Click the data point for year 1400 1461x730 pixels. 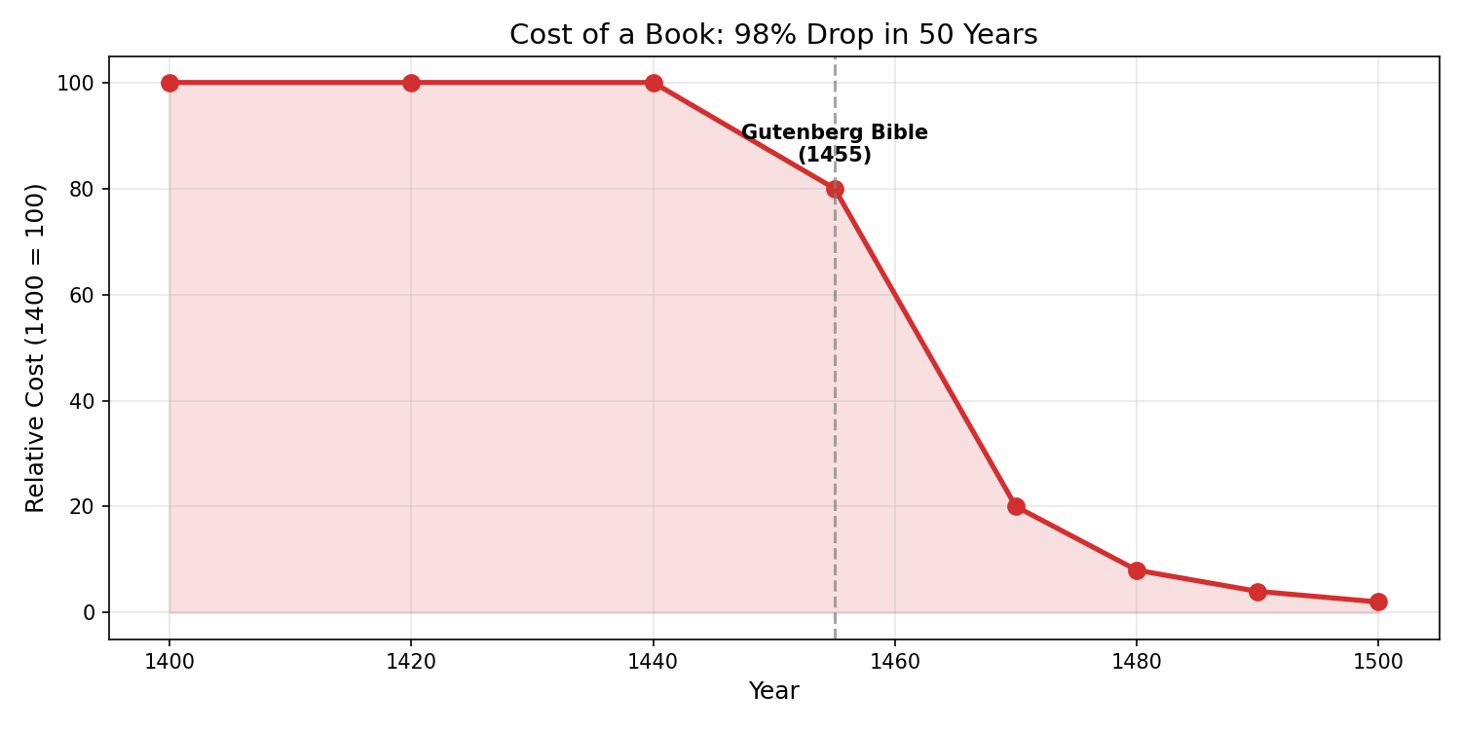pos(169,83)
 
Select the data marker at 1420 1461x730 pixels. pos(411,83)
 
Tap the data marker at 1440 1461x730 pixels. pos(654,83)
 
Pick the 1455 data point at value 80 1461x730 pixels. pos(835,189)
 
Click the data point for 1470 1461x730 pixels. pos(1016,506)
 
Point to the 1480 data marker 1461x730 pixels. pos(1137,570)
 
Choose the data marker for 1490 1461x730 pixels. pos(1257,592)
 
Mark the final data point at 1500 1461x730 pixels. pos(1378,602)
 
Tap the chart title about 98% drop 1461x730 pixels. pos(773,35)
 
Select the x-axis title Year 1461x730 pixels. pos(773,692)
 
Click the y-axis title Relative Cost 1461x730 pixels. pos(35,347)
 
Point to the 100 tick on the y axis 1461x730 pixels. pos(76,83)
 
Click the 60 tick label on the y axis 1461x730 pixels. pos(82,295)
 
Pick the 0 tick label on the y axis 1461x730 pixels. pos(89,612)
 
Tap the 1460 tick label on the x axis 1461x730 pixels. pos(895,663)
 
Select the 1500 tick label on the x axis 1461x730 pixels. pos(1378,663)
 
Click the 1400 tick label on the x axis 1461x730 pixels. pos(169,663)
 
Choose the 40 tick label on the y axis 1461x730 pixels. pos(82,401)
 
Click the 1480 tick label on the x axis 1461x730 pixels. pos(1137,663)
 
